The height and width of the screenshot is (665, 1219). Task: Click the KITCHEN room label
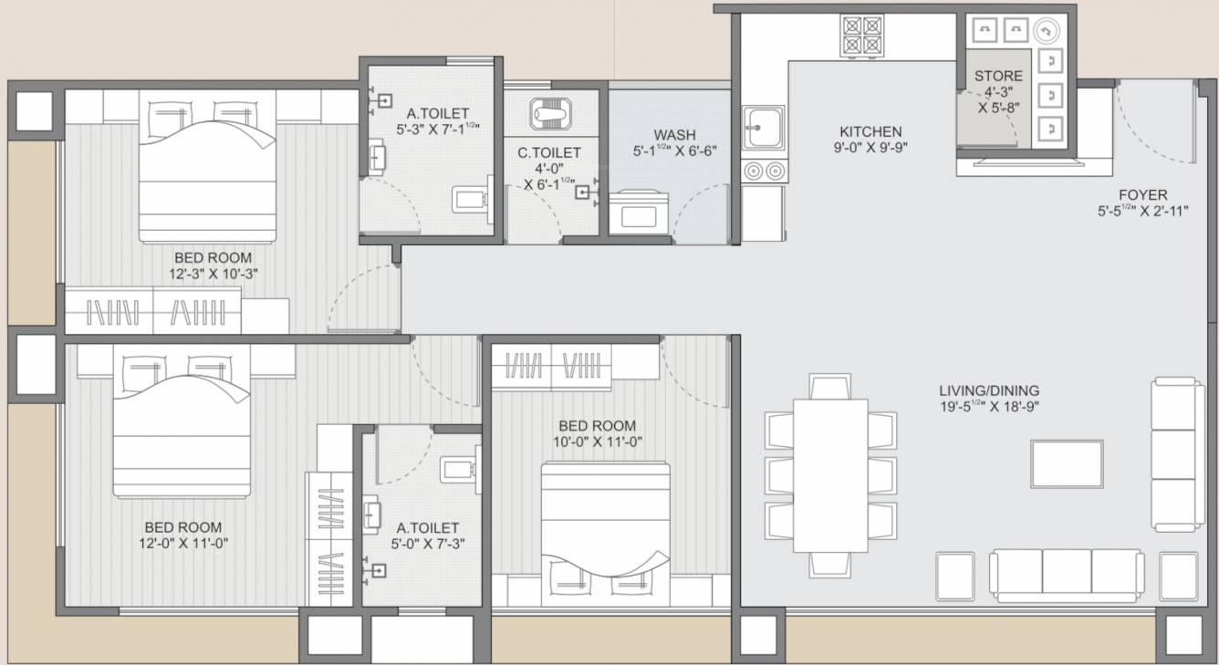870,131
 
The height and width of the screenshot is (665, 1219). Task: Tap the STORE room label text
998,76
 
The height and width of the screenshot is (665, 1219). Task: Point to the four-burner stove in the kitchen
861,35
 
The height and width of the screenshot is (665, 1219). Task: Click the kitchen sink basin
762,127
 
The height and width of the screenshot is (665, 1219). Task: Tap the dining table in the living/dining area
828,474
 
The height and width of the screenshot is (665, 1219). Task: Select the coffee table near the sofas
1067,464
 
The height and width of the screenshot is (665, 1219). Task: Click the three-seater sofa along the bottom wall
1067,575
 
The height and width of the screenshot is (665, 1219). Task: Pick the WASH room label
674,135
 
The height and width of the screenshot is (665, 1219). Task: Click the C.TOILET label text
549,153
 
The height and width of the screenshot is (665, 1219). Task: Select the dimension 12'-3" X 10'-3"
213,274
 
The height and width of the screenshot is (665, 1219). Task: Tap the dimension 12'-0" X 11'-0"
183,544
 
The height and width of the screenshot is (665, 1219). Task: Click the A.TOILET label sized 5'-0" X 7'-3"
427,528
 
